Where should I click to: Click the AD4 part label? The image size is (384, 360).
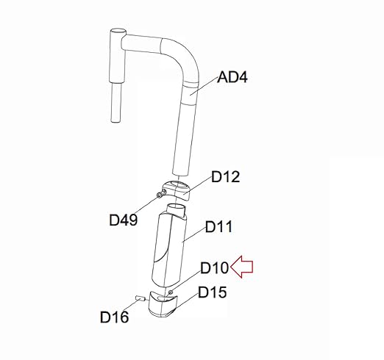pos(232,77)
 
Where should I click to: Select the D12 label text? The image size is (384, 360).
pos(225,177)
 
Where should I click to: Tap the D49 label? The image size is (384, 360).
pos(123,220)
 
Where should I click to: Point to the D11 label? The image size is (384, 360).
pos(218,227)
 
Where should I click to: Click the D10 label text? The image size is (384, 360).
pos(215,267)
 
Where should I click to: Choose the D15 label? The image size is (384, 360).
pos(212,292)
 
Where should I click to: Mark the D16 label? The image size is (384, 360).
pos(114,317)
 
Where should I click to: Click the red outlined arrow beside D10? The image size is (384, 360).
pos(241,267)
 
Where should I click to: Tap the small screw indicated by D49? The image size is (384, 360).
pos(160,195)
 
